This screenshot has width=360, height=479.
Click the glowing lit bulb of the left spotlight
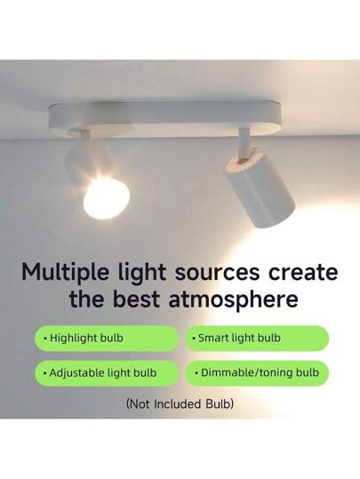tap(101, 196)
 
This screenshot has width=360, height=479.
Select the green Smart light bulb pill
tap(256, 339)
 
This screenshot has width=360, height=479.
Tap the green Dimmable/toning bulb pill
tap(256, 373)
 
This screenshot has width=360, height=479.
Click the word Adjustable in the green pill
tap(80, 373)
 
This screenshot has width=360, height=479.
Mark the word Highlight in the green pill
tap(77, 339)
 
